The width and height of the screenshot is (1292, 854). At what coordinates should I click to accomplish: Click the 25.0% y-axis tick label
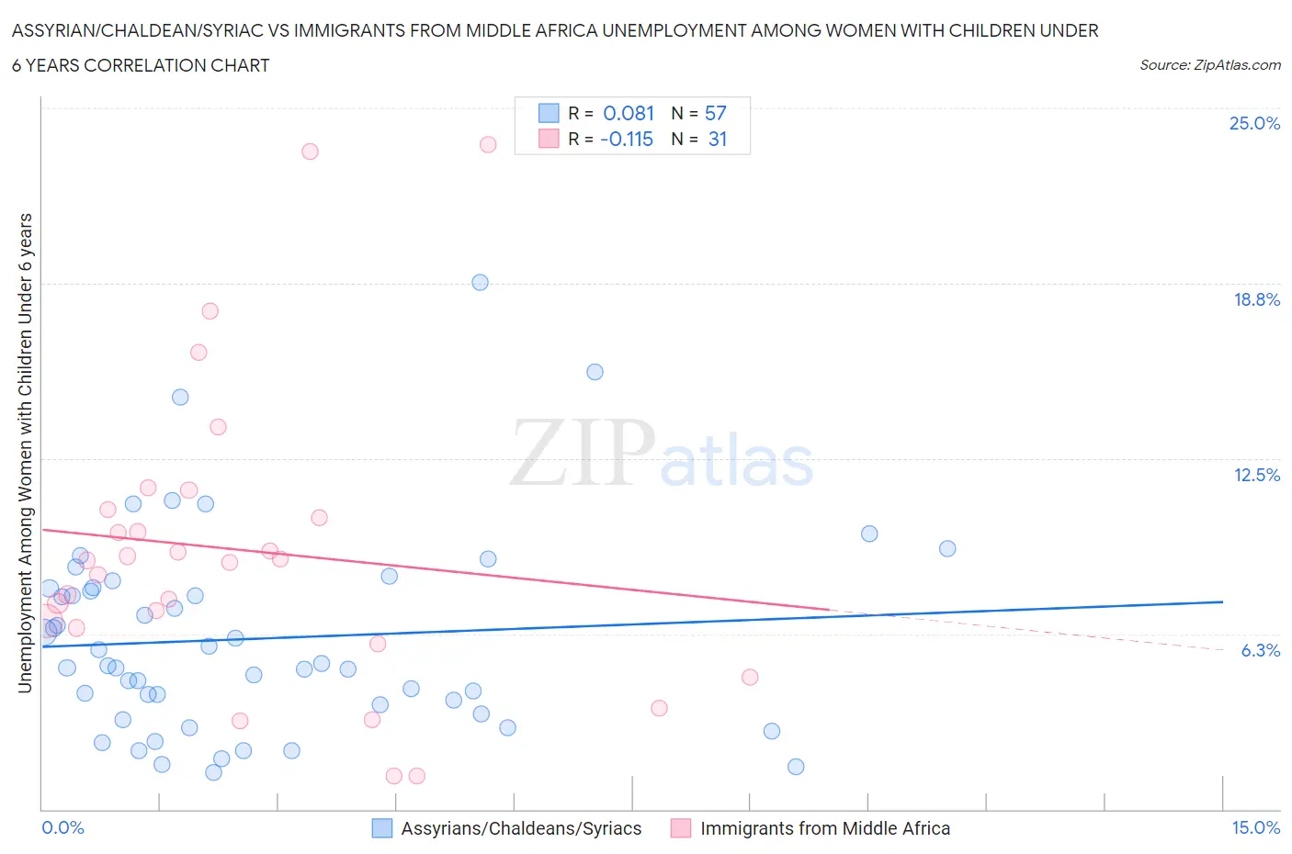tap(1254, 123)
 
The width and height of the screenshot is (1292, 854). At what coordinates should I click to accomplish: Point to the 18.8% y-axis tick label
tap(1256, 299)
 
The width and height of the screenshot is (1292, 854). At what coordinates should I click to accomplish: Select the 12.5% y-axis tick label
tap(1256, 475)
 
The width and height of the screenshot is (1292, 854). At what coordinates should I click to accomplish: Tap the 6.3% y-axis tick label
tap(1260, 650)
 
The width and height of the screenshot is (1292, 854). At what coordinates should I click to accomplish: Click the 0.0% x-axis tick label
tap(63, 827)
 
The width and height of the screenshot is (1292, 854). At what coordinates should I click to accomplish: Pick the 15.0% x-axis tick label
tap(1255, 827)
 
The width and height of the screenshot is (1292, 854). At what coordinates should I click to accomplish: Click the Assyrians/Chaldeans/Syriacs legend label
tap(521, 828)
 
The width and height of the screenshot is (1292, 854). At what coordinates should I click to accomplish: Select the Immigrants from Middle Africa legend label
tap(824, 828)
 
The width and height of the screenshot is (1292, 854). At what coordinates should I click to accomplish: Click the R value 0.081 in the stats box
tap(629, 113)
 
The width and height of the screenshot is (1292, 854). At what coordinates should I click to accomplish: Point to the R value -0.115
tap(626, 139)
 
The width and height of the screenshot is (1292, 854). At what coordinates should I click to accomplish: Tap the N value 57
tap(715, 113)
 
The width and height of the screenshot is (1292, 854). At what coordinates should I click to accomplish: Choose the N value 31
tap(718, 139)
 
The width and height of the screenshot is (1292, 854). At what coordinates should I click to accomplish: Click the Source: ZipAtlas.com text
tap(1209, 64)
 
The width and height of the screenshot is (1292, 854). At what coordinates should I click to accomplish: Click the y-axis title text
tap(25, 453)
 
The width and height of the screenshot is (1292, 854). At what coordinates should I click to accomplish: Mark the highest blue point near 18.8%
tap(480, 282)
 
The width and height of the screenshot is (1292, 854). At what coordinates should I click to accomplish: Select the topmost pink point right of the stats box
tap(488, 144)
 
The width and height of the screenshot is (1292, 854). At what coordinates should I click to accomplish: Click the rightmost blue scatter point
tap(947, 548)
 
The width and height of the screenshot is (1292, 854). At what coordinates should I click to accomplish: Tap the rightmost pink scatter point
tap(750, 677)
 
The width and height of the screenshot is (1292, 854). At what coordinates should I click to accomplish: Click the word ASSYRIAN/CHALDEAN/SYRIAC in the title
tap(150, 31)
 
